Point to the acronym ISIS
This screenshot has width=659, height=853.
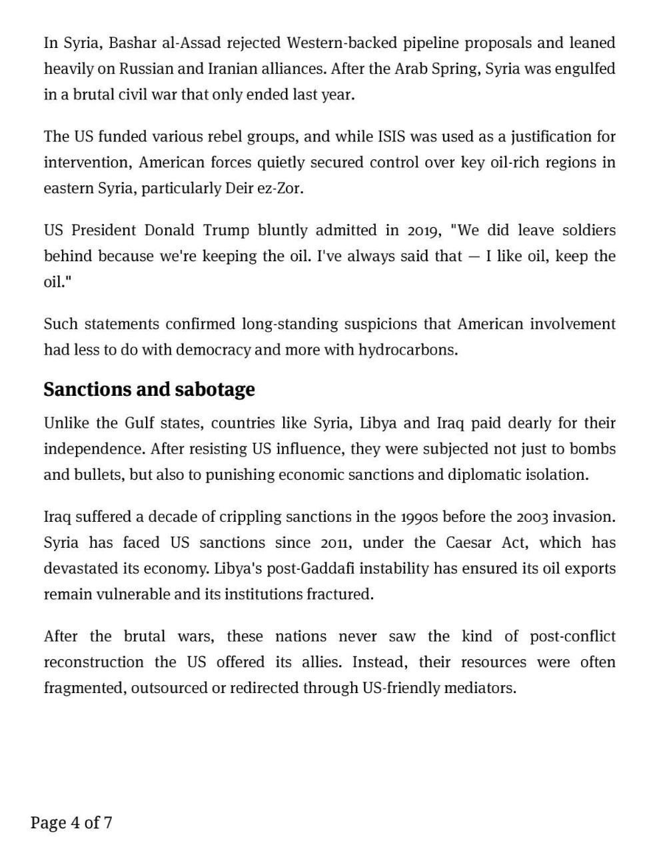coord(391,137)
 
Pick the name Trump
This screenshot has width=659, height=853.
coord(225,231)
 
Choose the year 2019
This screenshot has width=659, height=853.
coord(424,231)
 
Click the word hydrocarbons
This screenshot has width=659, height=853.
coord(408,350)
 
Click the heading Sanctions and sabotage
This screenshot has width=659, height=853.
coord(149,389)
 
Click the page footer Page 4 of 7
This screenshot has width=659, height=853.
coord(71,822)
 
